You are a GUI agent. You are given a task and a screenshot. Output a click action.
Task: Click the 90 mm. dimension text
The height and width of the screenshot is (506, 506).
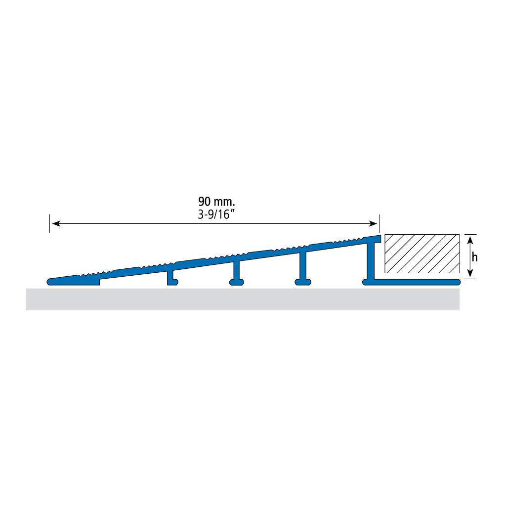coord(216,202)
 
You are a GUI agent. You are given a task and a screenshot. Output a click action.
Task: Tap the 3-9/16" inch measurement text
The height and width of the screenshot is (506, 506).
coord(216,214)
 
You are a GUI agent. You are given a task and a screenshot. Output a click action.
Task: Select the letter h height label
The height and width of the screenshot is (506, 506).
coord(474,257)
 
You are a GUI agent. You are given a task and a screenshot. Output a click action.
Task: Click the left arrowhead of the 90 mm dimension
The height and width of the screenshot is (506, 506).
coord(56,223)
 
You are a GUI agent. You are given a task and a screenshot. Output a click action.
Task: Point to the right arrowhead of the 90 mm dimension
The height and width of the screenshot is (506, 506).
coord(373,223)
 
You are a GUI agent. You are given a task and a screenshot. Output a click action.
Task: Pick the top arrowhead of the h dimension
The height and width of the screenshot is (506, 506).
coord(470,240)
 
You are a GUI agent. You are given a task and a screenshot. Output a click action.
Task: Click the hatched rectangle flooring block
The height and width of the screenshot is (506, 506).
coord(422,253)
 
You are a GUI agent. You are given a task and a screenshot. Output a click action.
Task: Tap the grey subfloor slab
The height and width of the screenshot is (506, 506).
coord(243,299)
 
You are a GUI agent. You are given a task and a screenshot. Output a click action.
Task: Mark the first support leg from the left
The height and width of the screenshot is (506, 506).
coord(171,277)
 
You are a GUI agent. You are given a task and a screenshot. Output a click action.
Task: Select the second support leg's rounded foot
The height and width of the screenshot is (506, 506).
coord(237,282)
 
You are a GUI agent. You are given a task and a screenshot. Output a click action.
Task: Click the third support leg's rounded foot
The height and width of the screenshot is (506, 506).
coord(303,282)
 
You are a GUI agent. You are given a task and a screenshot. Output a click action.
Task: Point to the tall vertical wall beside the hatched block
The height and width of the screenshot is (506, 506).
coord(371,261)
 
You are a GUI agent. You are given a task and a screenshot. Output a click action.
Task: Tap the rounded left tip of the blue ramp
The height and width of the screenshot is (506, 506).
coord(49,282)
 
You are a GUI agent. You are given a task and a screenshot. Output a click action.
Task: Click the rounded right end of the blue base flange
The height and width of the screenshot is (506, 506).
coord(458,282)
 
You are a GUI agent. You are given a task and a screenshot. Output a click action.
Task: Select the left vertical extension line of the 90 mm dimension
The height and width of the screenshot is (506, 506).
coord(50,223)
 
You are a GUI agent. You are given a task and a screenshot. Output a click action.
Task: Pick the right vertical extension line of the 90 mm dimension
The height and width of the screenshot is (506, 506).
coord(379,223)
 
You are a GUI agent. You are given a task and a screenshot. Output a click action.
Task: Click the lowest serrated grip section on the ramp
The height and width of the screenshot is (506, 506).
coord(95,274)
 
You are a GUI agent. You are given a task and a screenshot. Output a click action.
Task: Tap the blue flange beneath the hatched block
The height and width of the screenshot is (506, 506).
coord(416,282)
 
